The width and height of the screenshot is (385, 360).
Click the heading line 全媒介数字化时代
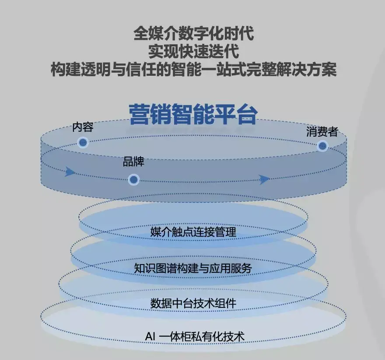(x=193, y=34)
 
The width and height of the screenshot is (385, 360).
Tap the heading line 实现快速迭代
(x=193, y=52)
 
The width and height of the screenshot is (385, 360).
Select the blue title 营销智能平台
(x=193, y=114)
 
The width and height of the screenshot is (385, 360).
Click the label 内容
(x=83, y=127)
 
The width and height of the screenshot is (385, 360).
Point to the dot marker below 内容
(x=83, y=142)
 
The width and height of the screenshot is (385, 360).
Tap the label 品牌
(x=133, y=162)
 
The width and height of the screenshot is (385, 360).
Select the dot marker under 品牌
(x=134, y=179)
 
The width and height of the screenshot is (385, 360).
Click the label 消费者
(x=322, y=131)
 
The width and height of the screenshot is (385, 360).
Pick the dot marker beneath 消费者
(x=322, y=146)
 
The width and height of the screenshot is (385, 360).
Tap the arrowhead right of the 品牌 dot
(x=264, y=179)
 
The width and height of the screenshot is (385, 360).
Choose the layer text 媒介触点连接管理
(x=193, y=232)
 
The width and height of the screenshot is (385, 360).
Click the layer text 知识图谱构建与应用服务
(x=193, y=268)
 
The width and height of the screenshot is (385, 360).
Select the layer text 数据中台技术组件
(x=193, y=303)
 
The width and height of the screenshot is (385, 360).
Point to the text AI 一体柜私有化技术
(x=195, y=336)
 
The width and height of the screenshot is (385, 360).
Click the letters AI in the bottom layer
(x=150, y=336)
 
